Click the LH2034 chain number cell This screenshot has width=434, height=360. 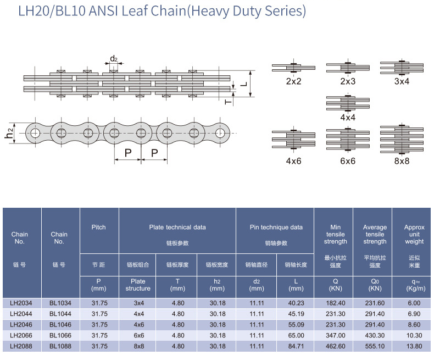click(x=22, y=303)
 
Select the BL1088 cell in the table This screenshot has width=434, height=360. click(x=60, y=346)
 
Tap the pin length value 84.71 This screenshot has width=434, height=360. click(x=296, y=346)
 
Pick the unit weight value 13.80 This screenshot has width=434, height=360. click(x=414, y=346)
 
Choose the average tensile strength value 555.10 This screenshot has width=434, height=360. click(x=375, y=346)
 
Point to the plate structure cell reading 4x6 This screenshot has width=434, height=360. click(x=138, y=324)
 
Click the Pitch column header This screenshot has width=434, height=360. click(x=99, y=227)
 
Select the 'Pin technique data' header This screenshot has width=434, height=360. click(x=274, y=227)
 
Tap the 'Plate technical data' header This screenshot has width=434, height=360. click(x=177, y=227)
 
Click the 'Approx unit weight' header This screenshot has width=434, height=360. click(x=414, y=234)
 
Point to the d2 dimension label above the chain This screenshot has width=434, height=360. click(x=114, y=59)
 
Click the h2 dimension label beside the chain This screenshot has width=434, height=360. click(x=9, y=132)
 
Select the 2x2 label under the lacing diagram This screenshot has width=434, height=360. click(x=293, y=81)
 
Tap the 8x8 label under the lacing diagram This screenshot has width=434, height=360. click(x=402, y=161)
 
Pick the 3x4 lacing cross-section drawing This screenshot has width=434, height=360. click(x=402, y=67)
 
